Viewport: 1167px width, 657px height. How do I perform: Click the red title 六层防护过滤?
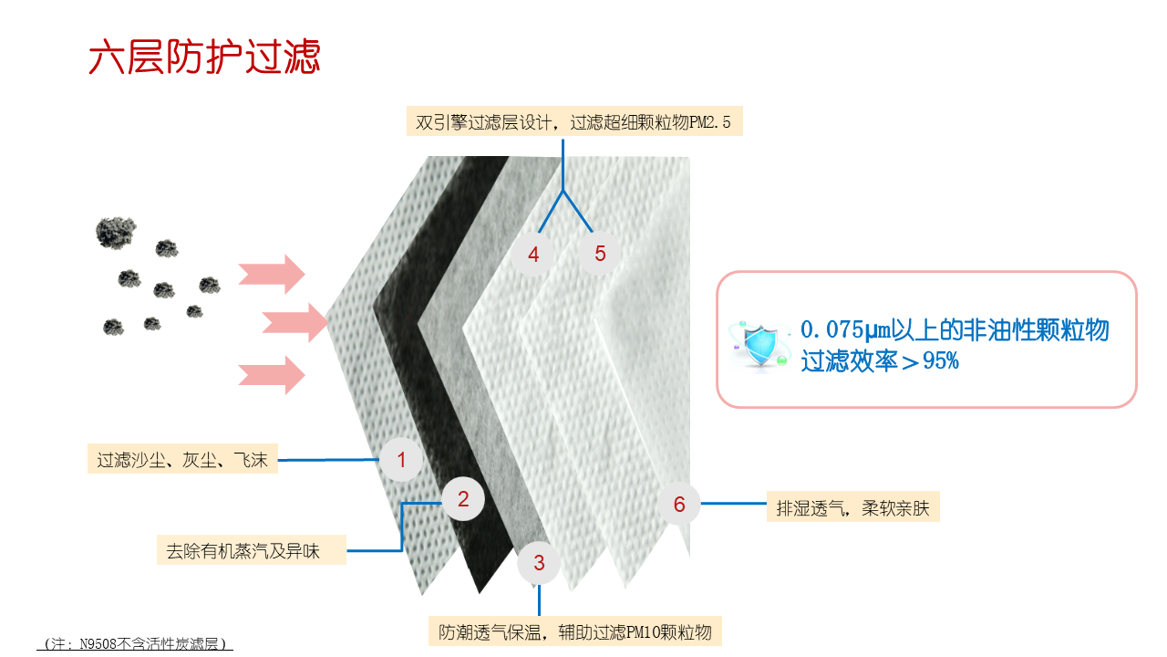point(204,57)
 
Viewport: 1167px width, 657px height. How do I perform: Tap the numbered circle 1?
point(400,459)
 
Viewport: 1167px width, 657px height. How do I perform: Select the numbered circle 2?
point(463,499)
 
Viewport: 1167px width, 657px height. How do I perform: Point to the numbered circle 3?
point(539,563)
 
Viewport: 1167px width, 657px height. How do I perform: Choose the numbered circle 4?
point(533,254)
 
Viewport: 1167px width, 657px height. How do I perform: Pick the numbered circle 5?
point(600,254)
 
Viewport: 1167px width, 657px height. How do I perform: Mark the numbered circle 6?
point(679,504)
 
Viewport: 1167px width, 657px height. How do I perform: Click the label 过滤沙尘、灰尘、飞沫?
point(182,459)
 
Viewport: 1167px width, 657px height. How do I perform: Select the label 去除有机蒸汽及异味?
point(252,550)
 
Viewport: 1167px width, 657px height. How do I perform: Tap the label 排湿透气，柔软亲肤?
point(852,506)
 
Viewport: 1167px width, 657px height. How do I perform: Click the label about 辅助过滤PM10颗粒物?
point(574,631)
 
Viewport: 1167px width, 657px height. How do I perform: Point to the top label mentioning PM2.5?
point(574,121)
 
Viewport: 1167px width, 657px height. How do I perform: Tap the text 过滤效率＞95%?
point(880,360)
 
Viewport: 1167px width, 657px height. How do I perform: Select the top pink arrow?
point(272,275)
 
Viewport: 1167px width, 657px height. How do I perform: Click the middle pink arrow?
point(295,323)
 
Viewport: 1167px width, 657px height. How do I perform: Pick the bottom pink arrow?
point(272,375)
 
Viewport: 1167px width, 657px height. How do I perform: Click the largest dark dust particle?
point(116,233)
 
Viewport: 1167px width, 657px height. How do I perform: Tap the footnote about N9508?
point(135,643)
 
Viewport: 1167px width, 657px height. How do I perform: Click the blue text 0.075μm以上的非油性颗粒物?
point(955,330)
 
